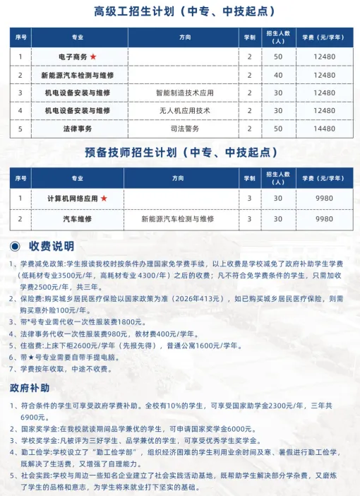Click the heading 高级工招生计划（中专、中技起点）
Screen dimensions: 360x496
pos(179,12)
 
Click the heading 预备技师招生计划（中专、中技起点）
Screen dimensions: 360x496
pos(179,152)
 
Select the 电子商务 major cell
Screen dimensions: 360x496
pos(73,57)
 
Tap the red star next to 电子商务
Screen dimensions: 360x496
pos(92,57)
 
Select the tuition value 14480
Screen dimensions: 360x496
pos(324,129)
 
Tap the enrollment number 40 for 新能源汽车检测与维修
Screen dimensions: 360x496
pos(278,74)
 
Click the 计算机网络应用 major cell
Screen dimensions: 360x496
pos(73,199)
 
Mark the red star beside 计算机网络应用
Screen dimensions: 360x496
pos(104,199)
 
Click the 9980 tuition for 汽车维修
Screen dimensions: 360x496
pos(324,219)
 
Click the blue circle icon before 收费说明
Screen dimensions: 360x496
pos(16,246)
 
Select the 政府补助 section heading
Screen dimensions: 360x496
pos(30,388)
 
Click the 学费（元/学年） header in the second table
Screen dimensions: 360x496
pos(324,178)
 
